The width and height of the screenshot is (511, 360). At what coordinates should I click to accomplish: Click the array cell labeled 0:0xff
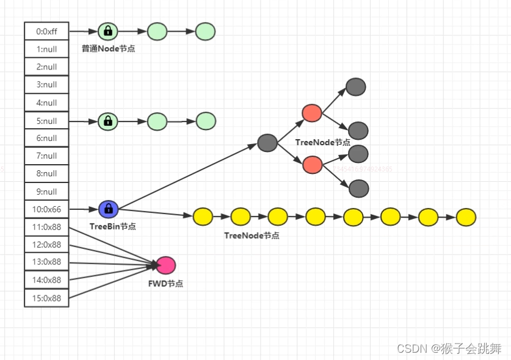(46, 31)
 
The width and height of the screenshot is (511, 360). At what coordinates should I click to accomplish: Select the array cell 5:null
(46, 120)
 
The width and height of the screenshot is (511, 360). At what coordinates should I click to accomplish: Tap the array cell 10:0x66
(46, 209)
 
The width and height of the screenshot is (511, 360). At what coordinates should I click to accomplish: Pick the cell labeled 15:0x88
(46, 298)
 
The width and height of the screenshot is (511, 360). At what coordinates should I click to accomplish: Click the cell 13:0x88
(46, 262)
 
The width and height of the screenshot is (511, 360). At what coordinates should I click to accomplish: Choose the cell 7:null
(46, 156)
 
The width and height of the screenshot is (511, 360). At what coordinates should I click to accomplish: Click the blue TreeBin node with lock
(108, 209)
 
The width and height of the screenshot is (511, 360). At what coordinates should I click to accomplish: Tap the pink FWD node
(165, 265)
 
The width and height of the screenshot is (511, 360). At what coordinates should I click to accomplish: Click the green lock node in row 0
(108, 31)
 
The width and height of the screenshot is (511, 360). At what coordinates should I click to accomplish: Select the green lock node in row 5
(108, 121)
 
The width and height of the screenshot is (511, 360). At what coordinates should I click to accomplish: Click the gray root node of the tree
(267, 143)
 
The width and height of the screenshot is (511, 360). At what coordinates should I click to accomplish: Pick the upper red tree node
(312, 113)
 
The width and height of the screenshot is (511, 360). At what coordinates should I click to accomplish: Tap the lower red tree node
(312, 164)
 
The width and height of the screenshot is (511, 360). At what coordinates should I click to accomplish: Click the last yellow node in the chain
(466, 217)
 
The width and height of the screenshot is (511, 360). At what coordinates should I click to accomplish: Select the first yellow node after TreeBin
(203, 216)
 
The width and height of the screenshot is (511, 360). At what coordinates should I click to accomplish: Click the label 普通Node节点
(108, 48)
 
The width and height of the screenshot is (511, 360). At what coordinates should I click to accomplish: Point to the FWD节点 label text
(165, 284)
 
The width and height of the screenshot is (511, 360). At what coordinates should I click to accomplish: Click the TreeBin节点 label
(112, 226)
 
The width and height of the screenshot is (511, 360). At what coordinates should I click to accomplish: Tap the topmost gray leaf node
(355, 87)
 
